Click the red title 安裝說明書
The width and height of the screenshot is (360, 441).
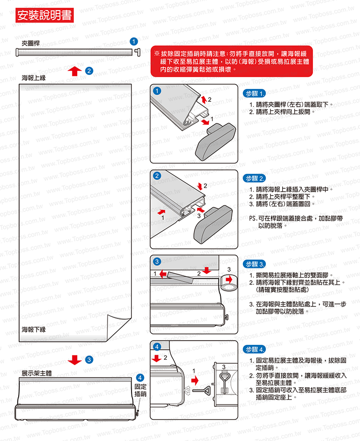pyautogui.click(x=45, y=15)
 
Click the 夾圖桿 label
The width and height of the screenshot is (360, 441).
pyautogui.click(x=31, y=43)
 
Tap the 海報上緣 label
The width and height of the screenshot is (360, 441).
pyautogui.click(x=34, y=78)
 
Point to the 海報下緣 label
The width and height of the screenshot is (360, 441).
pyautogui.click(x=34, y=330)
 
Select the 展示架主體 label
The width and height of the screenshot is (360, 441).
pyautogui.click(x=37, y=373)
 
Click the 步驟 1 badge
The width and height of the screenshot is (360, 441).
pyautogui.click(x=254, y=93)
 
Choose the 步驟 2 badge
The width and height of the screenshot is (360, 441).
pyautogui.click(x=254, y=178)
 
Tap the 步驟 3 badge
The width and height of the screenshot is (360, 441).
pyautogui.click(x=254, y=264)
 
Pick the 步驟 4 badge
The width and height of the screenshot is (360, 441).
pyautogui.click(x=254, y=349)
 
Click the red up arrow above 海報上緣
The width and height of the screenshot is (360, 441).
pyautogui.click(x=75, y=71)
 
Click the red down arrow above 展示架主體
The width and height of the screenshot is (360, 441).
pyautogui.click(x=75, y=360)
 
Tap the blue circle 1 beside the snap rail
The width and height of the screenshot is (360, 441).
pyautogui.click(x=134, y=42)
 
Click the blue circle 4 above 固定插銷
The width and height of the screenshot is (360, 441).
pyautogui.click(x=140, y=378)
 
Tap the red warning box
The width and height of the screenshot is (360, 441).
pyautogui.click(x=231, y=61)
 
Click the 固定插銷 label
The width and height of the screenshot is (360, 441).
pyautogui.click(x=140, y=390)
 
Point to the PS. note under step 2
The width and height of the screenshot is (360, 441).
pyautogui.click(x=296, y=222)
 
